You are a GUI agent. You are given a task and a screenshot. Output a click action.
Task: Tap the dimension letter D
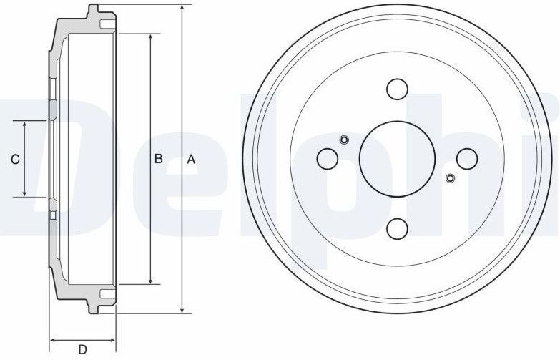coord(83,349)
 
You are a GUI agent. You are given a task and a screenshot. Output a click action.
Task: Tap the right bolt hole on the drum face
coord(466,158)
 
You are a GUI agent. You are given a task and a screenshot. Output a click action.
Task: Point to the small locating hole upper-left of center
coord(344,140)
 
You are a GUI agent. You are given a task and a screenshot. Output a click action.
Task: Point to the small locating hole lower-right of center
coord(450,177)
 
